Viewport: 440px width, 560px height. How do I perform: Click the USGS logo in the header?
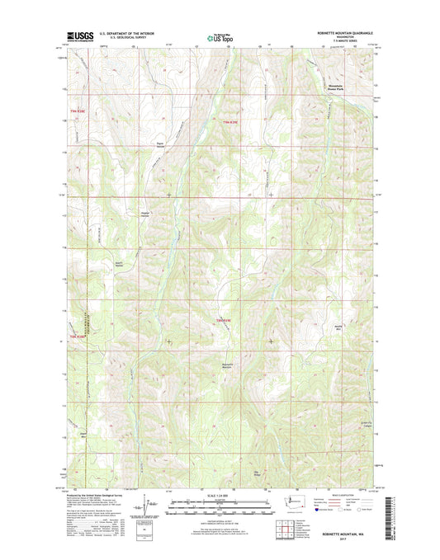coord(75,36)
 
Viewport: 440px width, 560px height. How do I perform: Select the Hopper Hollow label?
coord(145,214)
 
